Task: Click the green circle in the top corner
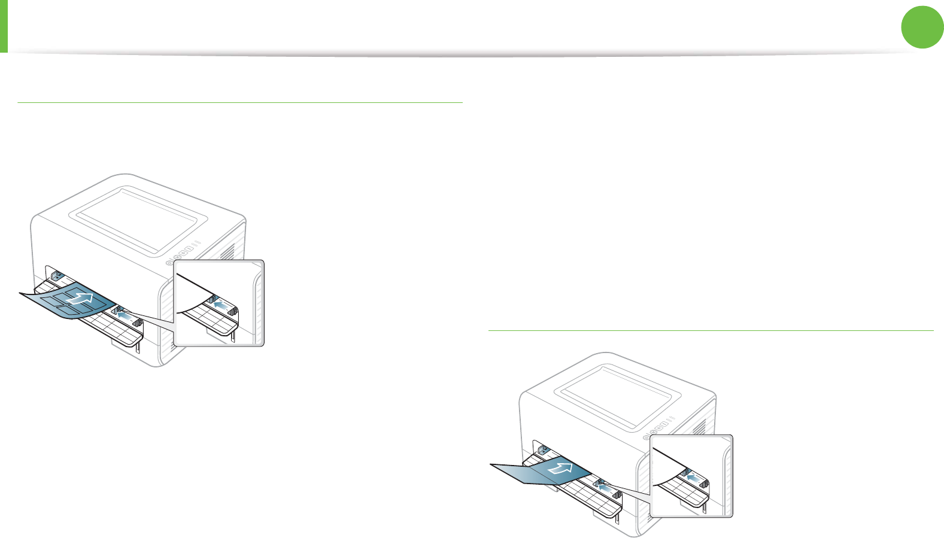922,28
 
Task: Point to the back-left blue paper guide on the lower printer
544,449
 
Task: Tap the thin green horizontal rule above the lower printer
711,330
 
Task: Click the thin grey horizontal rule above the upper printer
239,103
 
